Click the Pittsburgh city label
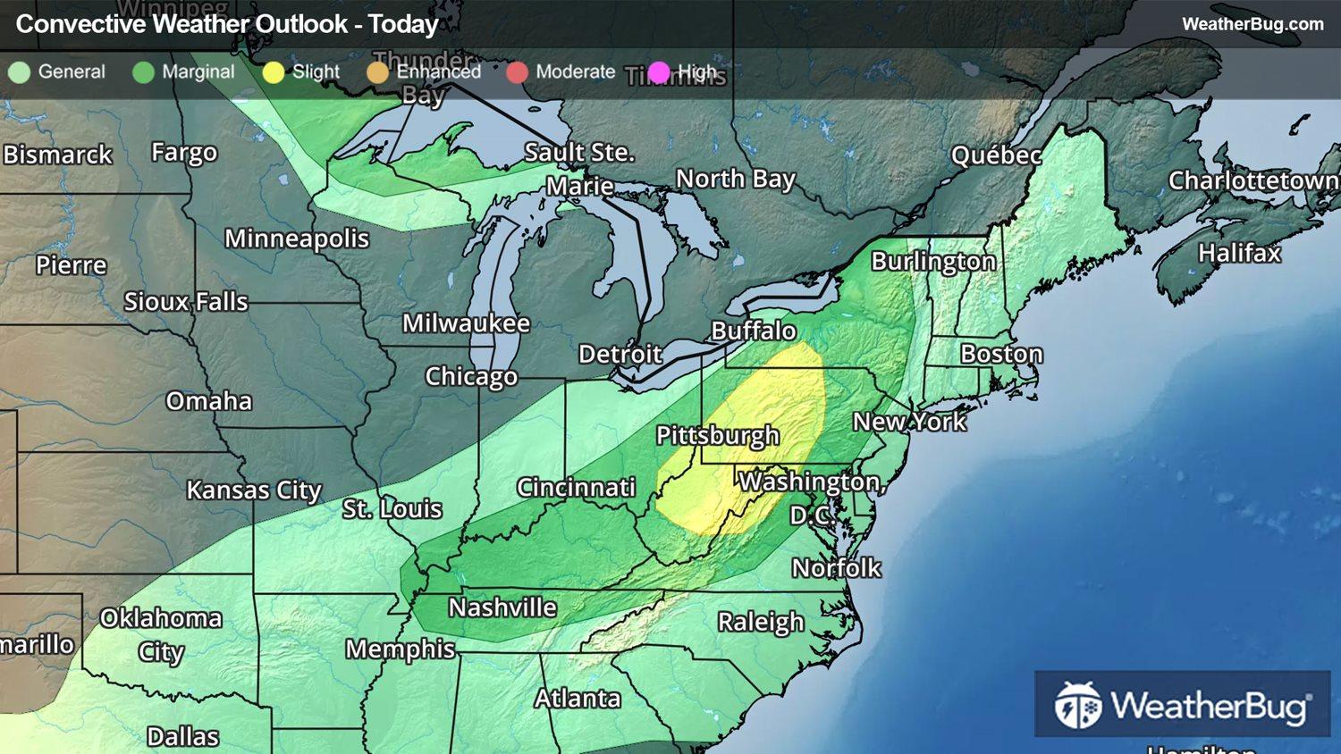pos(718,436)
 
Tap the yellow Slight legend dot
pos(274,72)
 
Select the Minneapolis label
pos(297,239)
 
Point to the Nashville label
pos(502,607)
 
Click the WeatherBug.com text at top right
pos(1252,24)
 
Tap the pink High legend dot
pos(659,72)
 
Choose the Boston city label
pos(1001,354)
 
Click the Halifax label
pos(1239,254)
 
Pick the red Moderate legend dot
pos(517,72)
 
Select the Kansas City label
pos(254,490)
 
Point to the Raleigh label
pos(761,622)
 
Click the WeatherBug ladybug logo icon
pos(1077,705)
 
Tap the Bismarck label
pos(58,155)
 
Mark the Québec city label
pos(996,155)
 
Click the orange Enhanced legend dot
pos(378,72)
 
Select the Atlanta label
pos(578,698)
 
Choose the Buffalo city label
pos(754,331)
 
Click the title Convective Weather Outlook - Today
pos(227,24)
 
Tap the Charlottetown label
pos(1253,180)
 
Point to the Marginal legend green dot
pos(143,72)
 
